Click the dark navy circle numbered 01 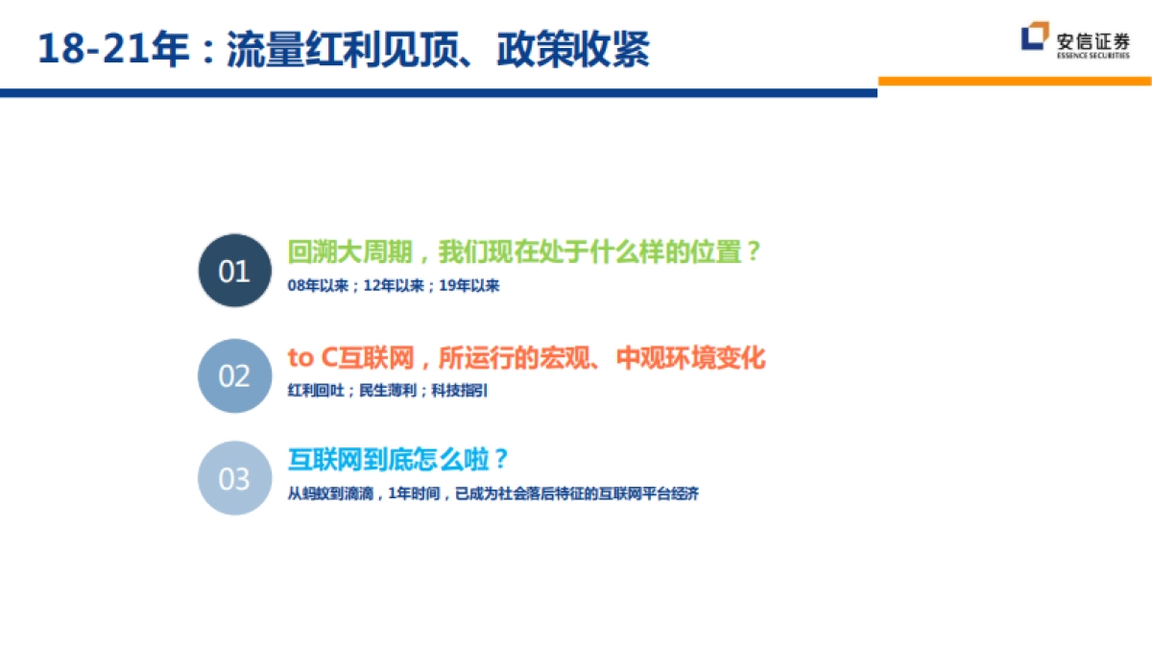coord(234,271)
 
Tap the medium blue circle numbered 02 coord(234,375)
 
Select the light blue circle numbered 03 coord(234,478)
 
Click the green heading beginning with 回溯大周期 coord(524,252)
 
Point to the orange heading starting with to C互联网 coord(526,358)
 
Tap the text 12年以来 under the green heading coord(394,286)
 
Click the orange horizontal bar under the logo coord(1015,82)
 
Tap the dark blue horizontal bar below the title coord(438,92)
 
